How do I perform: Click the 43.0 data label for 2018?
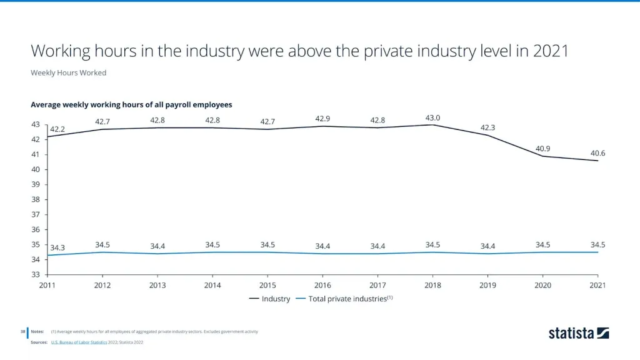tap(432, 117)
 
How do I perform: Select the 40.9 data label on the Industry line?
tap(543, 149)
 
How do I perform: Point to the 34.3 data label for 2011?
tap(57, 248)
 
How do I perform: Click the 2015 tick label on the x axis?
tap(267, 285)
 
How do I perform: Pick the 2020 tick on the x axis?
tap(543, 285)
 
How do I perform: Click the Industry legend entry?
tap(270, 299)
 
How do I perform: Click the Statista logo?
tap(578, 333)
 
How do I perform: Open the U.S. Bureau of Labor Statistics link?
tap(78, 342)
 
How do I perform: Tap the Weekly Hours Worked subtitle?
tap(69, 72)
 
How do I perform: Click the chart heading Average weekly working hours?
tap(131, 104)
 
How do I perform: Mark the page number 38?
tap(22, 331)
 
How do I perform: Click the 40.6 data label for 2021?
tap(598, 153)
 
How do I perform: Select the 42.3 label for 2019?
tap(488, 127)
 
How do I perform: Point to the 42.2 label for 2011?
tap(57, 129)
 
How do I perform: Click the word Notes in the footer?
tap(37, 331)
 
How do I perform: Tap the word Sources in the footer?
tap(39, 342)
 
